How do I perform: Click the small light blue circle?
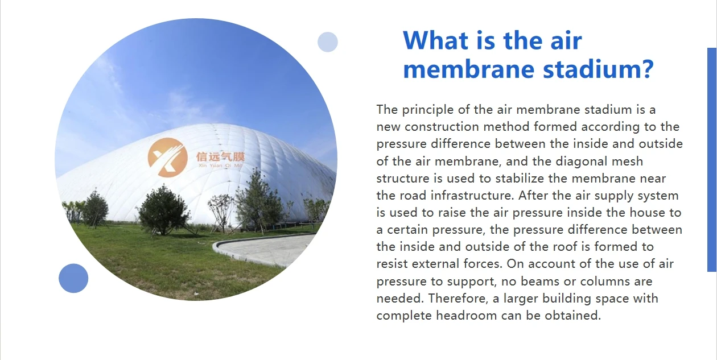click(x=327, y=42)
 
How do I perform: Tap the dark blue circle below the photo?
click(x=73, y=278)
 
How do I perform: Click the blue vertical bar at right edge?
click(x=711, y=159)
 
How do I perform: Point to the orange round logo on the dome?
click(x=167, y=157)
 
